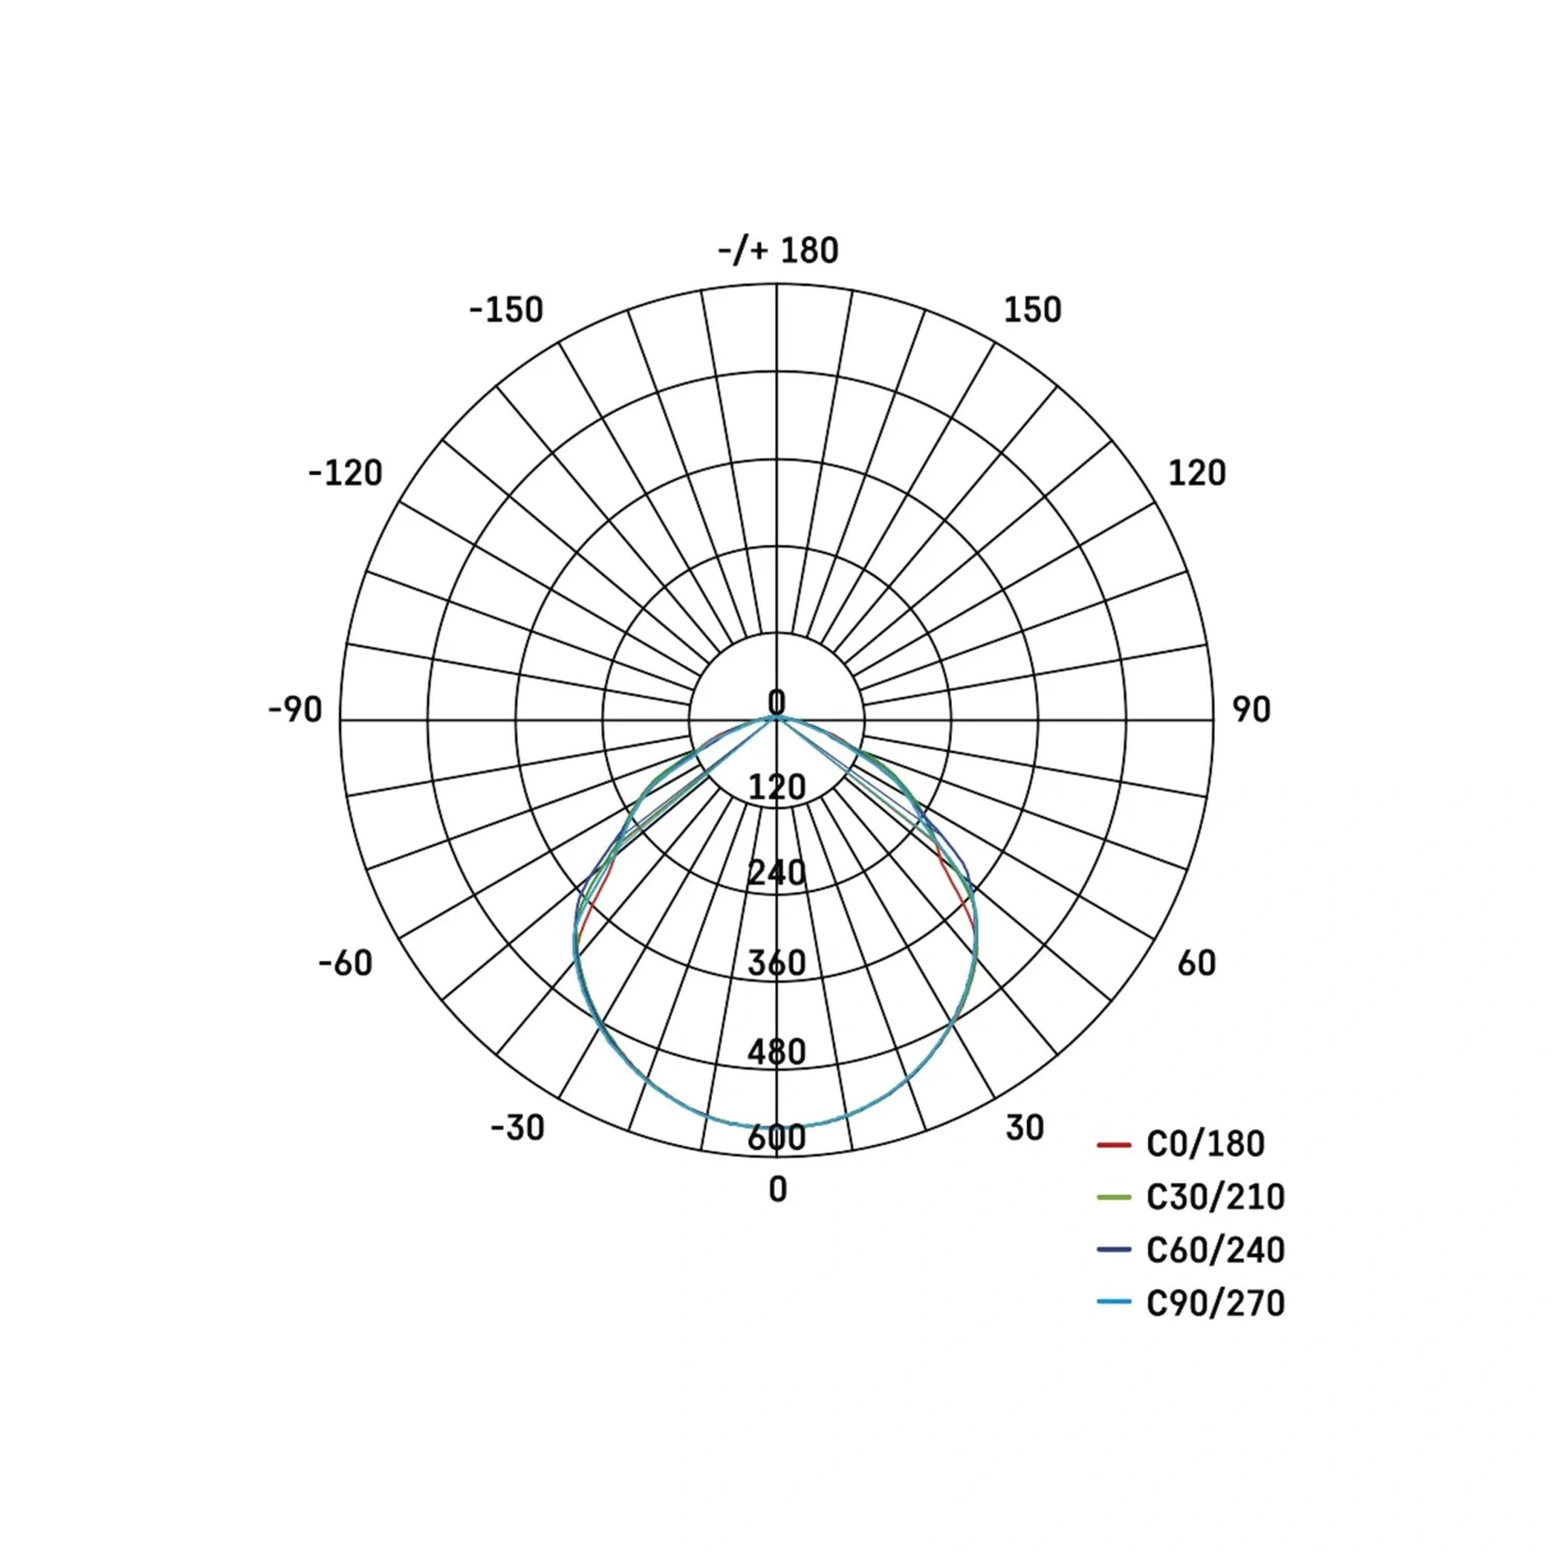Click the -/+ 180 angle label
coord(777,251)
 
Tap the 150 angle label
coord(1032,311)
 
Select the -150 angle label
coord(506,311)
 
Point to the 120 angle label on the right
coord(1196,473)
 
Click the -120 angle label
coord(346,473)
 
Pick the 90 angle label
coord(1252,710)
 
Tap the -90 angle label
coord(295,710)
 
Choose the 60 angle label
coord(1196,963)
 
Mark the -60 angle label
coord(346,963)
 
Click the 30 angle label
coord(1024,1127)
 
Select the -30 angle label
coord(518,1127)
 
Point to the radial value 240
coord(776,872)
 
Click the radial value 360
coord(776,963)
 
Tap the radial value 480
coord(776,1051)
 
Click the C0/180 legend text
coord(1205,1144)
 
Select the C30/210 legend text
coord(1214,1197)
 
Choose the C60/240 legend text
coord(1214,1250)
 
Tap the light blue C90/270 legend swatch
coord(1114,1302)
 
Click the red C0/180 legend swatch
coord(1114,1144)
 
